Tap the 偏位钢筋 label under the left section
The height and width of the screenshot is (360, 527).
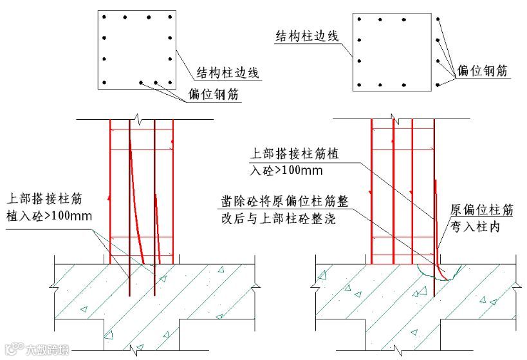coord(214,94)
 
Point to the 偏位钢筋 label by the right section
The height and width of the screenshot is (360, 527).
coord(482,71)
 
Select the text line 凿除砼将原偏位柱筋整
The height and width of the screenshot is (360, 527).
coord(282,202)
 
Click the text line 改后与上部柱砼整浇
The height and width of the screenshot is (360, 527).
coord(276,219)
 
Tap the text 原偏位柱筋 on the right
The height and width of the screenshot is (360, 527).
coord(481,210)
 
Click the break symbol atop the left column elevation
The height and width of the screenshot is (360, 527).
coord(140,120)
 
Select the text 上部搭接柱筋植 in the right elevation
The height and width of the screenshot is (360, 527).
coord(293,155)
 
